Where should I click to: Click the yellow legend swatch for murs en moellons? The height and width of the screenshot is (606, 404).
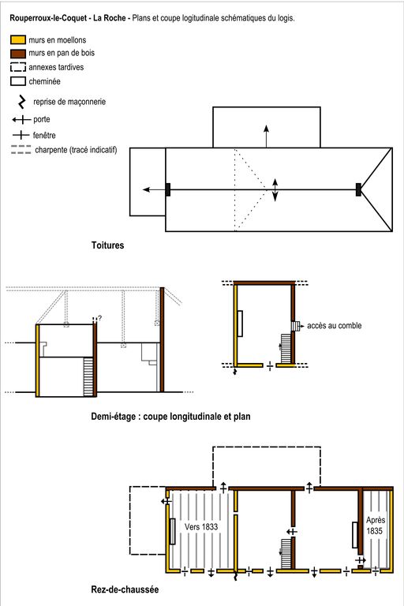click(18, 39)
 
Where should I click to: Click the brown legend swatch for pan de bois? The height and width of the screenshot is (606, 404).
click(18, 53)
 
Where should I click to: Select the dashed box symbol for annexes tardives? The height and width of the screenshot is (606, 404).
click(18, 67)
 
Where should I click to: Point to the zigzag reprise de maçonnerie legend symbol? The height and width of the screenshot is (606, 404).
click(22, 102)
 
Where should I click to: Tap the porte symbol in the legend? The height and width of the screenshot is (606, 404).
click(21, 120)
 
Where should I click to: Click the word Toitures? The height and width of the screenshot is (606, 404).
click(107, 245)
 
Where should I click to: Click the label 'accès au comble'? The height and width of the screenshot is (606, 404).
click(335, 326)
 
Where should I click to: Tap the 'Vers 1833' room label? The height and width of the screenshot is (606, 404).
click(201, 527)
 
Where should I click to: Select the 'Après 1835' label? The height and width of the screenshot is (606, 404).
click(375, 526)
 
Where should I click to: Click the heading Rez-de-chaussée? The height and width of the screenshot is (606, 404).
click(125, 589)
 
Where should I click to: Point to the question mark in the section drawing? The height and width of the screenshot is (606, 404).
click(99, 318)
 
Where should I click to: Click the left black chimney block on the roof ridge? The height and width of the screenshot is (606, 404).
click(168, 189)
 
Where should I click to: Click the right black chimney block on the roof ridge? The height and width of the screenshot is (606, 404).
click(358, 189)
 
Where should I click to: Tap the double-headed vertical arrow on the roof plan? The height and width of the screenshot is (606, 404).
click(275, 189)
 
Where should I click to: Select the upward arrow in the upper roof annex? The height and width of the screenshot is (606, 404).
click(267, 136)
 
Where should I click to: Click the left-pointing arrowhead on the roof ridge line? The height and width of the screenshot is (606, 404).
click(146, 189)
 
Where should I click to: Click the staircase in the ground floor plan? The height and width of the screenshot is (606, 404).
click(286, 554)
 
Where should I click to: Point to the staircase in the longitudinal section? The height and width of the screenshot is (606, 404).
click(88, 377)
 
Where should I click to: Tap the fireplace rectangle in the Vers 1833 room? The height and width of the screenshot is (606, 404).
click(173, 531)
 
